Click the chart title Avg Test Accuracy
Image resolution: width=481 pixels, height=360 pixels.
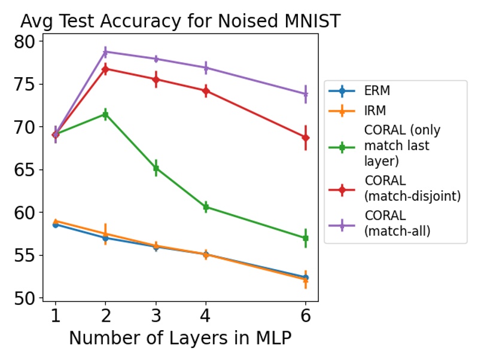[x=180, y=22]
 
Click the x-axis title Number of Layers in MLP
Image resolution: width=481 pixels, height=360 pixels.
[x=180, y=338]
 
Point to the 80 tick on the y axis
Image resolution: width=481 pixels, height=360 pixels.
[x=26, y=41]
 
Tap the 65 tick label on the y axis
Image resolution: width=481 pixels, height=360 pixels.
[x=26, y=170]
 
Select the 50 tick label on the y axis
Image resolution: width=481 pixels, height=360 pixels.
[x=26, y=298]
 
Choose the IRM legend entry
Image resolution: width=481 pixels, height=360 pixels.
[x=375, y=111]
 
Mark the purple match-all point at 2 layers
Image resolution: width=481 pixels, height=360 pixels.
[x=105, y=52]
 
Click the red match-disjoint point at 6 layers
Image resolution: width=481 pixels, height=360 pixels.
[x=306, y=138]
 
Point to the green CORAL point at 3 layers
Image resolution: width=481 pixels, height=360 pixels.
[x=156, y=168]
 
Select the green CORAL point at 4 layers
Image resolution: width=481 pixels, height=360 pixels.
[x=206, y=207]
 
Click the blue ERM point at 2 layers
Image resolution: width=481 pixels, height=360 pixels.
[x=105, y=238]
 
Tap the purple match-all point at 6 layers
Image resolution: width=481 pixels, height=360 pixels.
[x=306, y=94]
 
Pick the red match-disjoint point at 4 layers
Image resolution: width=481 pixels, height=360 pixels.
[x=206, y=91]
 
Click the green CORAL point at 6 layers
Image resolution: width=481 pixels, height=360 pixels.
[x=306, y=238]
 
